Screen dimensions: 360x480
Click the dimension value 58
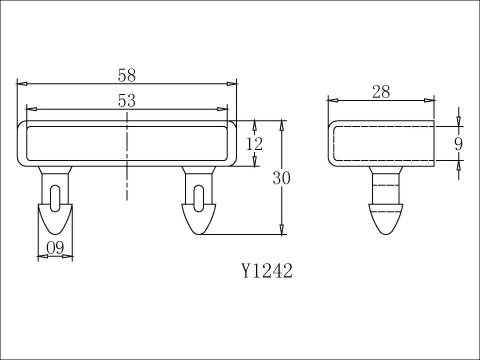(127, 75)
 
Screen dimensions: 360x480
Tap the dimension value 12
(256, 144)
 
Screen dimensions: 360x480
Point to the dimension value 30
(283, 177)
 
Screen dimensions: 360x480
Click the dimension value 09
(56, 248)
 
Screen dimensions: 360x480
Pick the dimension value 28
(380, 92)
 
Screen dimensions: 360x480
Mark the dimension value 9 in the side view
(459, 143)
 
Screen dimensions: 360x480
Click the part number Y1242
(266, 270)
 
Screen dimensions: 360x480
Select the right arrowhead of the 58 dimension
(233, 84)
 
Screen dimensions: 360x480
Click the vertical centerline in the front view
(127, 160)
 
